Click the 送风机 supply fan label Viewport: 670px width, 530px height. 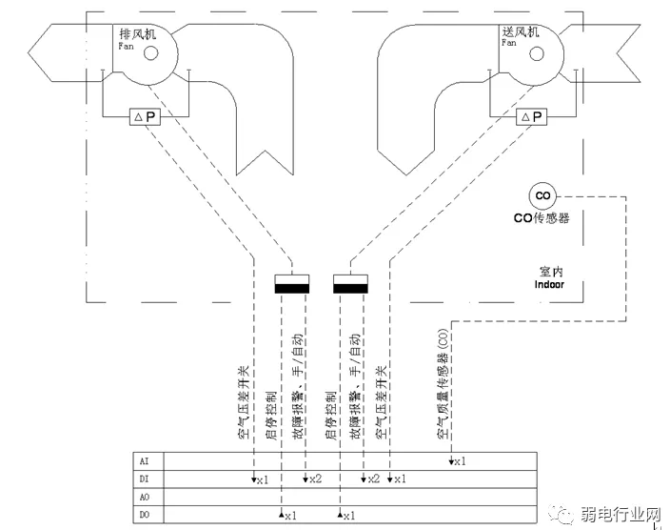[x=521, y=31]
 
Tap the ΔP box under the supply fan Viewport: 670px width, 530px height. [x=532, y=116]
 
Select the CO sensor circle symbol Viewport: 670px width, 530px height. [x=542, y=196]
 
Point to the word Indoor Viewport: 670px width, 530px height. [x=549, y=284]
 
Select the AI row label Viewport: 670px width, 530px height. [x=145, y=459]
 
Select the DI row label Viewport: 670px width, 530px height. [x=145, y=478]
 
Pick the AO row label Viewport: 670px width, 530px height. [x=145, y=497]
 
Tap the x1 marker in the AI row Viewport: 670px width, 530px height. [x=458, y=461]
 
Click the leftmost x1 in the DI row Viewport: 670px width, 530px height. [x=262, y=479]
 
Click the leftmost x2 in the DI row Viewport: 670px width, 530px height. [x=315, y=479]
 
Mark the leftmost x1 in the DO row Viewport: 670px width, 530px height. [x=289, y=516]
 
